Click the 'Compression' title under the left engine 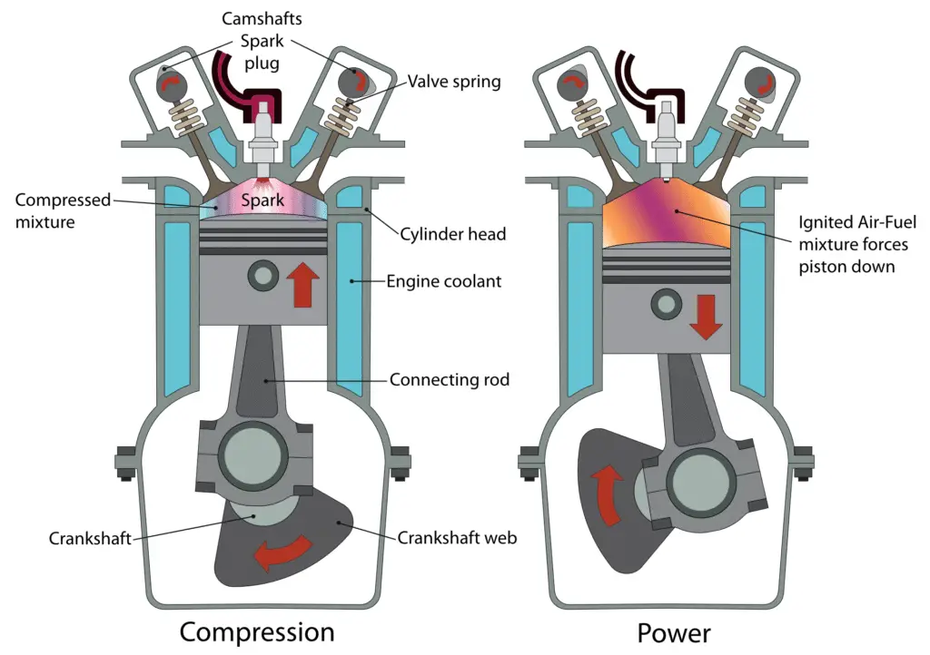coord(257,633)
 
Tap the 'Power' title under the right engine coord(674,633)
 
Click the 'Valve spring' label coord(454,82)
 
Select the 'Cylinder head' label coord(452,234)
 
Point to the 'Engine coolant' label coord(443,281)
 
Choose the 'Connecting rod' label coord(450,379)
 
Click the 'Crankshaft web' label coord(457,538)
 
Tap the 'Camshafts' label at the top coord(262,18)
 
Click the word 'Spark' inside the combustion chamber coord(262,200)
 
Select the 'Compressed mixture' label coord(63,210)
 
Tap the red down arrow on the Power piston coord(706,318)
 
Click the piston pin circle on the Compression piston coord(263,276)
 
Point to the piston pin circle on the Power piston coord(666,305)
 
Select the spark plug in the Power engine coord(666,140)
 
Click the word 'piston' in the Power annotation coord(821,267)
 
